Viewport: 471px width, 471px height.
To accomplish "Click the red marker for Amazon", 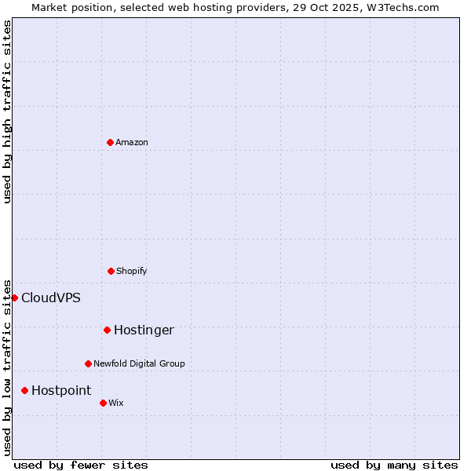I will point(110,142).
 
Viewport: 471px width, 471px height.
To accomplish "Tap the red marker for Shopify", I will point(111,271).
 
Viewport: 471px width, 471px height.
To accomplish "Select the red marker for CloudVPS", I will point(14,298).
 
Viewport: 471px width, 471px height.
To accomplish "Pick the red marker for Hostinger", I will point(107,330).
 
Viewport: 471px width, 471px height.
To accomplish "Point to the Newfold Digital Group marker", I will point(88,363).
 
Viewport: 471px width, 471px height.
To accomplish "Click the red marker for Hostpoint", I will point(24,390).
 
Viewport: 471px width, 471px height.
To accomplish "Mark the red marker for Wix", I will point(103,403).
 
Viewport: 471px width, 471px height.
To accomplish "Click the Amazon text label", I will point(132,142).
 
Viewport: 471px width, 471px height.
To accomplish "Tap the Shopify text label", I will point(132,271).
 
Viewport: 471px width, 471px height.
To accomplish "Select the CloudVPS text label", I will point(51,298).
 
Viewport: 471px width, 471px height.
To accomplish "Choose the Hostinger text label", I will point(144,330).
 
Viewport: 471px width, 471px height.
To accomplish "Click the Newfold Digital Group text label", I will point(139,363).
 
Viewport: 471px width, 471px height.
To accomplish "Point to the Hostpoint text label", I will point(61,390).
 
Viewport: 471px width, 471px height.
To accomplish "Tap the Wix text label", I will point(116,403).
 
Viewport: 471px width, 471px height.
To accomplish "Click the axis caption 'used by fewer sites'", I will point(81,466).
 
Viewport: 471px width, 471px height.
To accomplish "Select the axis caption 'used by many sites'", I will point(394,466).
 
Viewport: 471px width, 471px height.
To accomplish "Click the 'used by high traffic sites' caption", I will point(7,111).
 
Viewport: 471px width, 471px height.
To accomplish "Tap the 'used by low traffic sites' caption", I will point(7,367).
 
